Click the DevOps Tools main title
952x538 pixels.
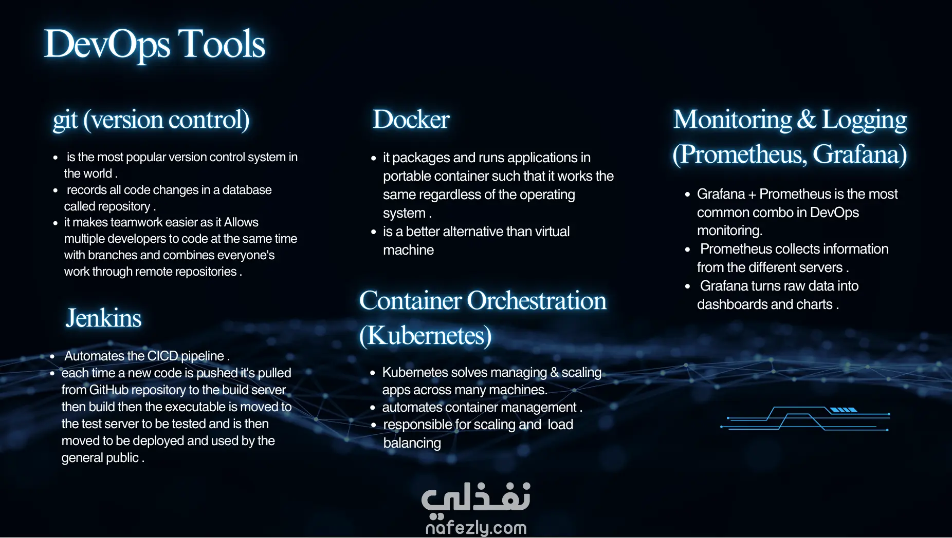pyautogui.click(x=155, y=45)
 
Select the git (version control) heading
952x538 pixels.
pyautogui.click(x=151, y=120)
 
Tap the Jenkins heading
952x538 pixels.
pyautogui.click(x=103, y=318)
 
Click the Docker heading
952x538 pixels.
pyautogui.click(x=411, y=119)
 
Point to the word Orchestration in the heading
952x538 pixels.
pyautogui.click(x=537, y=301)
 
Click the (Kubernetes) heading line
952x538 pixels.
pyautogui.click(x=426, y=336)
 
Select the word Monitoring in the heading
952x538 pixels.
pyautogui.click(x=733, y=120)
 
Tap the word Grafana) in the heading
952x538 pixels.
pyautogui.click(x=859, y=154)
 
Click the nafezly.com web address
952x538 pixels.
pyautogui.click(x=476, y=527)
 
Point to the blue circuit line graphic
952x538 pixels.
pyautogui.click(x=805, y=418)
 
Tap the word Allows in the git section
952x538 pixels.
pyautogui.click(x=241, y=222)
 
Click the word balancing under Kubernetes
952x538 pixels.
pyautogui.click(x=412, y=443)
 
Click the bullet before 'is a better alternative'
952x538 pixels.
pyautogui.click(x=374, y=232)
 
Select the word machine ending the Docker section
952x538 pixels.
pyautogui.click(x=409, y=250)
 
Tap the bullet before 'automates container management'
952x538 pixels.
pyautogui.click(x=373, y=408)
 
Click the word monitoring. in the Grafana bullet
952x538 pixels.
pyautogui.click(x=729, y=230)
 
